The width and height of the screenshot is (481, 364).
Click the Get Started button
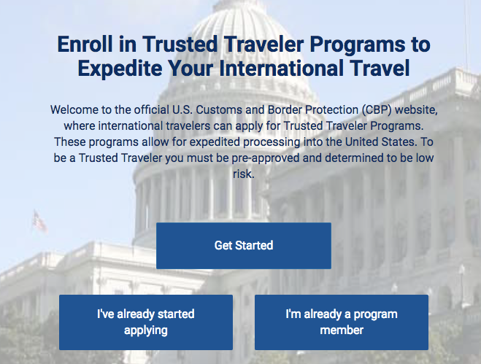click(244, 246)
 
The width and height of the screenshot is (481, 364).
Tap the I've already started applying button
click(146, 322)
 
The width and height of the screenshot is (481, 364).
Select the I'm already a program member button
click(342, 322)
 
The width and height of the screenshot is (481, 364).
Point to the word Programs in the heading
click(358, 45)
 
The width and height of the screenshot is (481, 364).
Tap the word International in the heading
click(281, 68)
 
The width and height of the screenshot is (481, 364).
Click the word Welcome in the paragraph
click(74, 109)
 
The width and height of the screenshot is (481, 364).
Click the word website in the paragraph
click(416, 110)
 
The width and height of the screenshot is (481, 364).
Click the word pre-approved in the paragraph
click(266, 158)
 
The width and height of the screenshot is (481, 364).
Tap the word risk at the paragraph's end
click(244, 174)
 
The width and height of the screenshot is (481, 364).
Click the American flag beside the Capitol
click(39, 222)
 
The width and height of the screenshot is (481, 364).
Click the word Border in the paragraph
click(285, 109)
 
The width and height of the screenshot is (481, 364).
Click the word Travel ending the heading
click(380, 68)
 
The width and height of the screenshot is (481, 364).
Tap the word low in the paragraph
click(425, 158)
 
